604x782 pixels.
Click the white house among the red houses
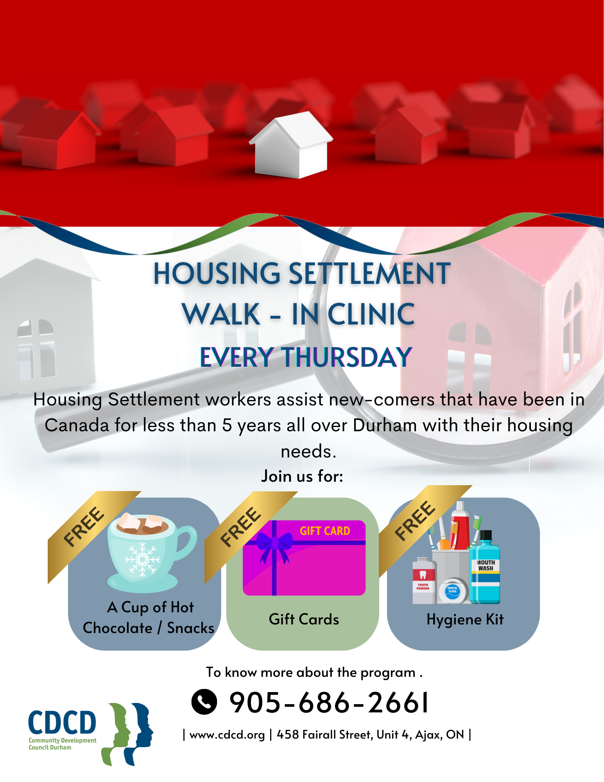pyautogui.click(x=291, y=145)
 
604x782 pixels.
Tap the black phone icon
pyautogui.click(x=204, y=701)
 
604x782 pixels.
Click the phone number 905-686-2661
pyautogui.click(x=329, y=703)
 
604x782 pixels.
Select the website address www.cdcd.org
pyautogui.click(x=227, y=735)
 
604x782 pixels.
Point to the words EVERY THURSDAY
pyautogui.click(x=306, y=357)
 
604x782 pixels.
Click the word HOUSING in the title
pyautogui.click(x=217, y=274)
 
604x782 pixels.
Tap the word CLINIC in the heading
pyautogui.click(x=371, y=314)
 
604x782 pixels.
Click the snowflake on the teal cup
pyautogui.click(x=142, y=559)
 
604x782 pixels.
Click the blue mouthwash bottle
pyautogui.click(x=484, y=567)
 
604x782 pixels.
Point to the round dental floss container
pyautogui.click(x=453, y=590)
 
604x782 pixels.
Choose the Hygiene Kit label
pyautogui.click(x=465, y=620)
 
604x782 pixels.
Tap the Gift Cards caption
pyautogui.click(x=304, y=619)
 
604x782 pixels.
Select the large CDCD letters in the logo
pyautogui.click(x=62, y=723)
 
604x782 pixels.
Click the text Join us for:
pyautogui.click(x=302, y=476)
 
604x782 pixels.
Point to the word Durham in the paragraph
pyautogui.click(x=385, y=425)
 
